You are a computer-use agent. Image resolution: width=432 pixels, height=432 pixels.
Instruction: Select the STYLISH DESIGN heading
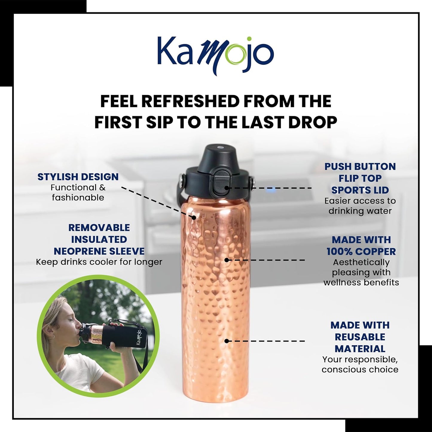(78, 177)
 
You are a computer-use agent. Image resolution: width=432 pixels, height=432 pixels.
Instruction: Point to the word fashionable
(78, 198)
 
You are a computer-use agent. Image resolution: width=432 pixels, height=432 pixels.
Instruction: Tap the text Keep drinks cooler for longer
(99, 262)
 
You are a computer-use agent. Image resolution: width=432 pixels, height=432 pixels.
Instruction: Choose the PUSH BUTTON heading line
(360, 167)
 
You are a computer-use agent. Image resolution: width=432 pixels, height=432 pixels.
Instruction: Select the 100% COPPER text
(361, 251)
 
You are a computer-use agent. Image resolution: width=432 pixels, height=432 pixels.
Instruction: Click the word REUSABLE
(360, 337)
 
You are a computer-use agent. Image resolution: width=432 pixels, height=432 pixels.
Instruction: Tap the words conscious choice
(360, 370)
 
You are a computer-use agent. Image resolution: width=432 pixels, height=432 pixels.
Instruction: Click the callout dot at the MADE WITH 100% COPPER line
(227, 260)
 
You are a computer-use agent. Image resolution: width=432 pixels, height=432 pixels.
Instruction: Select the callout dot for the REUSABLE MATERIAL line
(227, 341)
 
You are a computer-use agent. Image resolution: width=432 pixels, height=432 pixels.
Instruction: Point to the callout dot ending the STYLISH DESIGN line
(194, 218)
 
